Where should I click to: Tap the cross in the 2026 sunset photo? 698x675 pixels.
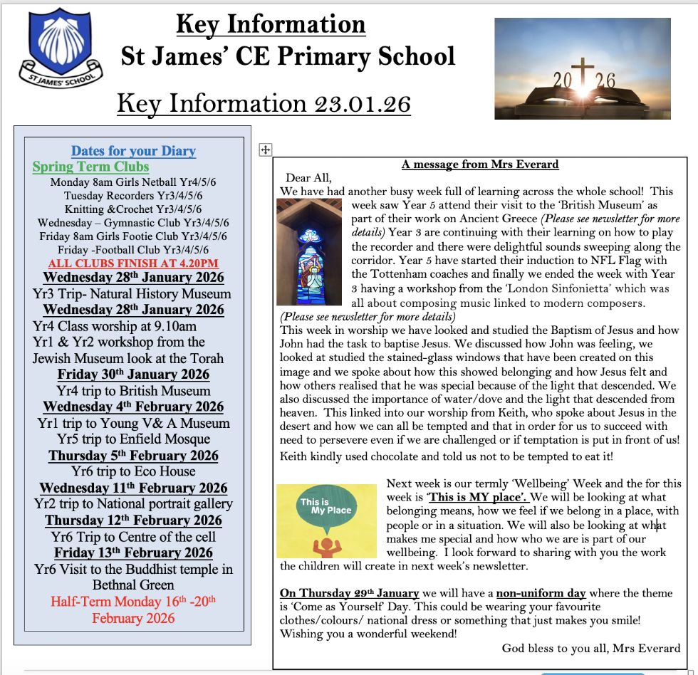click(583, 74)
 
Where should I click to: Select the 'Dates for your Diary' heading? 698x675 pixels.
click(133, 151)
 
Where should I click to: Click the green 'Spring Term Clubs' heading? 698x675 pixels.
click(90, 167)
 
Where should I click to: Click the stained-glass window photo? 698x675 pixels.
click(299, 251)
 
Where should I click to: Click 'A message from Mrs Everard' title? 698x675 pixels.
click(480, 164)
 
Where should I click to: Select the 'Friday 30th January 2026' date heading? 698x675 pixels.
click(133, 375)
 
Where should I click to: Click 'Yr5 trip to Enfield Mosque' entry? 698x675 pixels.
click(133, 439)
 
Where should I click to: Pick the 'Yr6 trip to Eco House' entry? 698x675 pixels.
click(133, 471)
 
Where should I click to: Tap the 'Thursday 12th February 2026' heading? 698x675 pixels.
click(133, 520)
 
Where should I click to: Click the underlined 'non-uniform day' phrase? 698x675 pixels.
click(541, 593)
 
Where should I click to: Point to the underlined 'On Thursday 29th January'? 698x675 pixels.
click(349, 593)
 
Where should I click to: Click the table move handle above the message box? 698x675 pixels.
click(265, 150)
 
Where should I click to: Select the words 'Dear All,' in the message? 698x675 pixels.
click(309, 178)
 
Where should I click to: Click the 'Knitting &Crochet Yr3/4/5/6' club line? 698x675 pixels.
click(133, 209)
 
